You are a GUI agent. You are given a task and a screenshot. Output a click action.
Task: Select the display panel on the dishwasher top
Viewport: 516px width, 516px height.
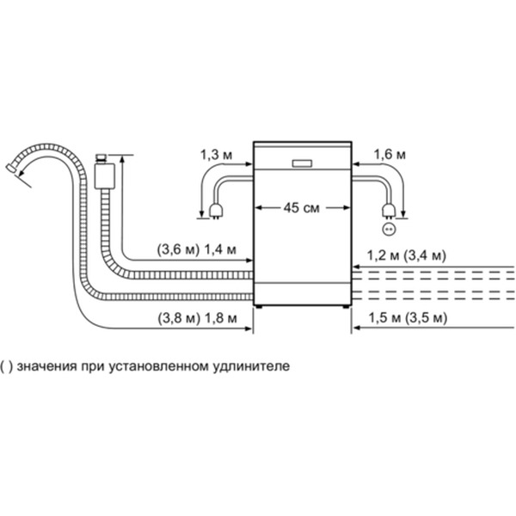pyautogui.click(x=303, y=162)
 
